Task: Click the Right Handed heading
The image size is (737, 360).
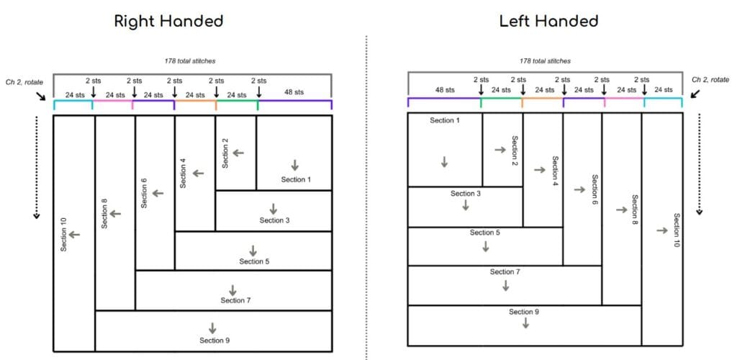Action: pyautogui.click(x=169, y=21)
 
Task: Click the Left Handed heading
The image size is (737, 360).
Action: pyautogui.click(x=548, y=21)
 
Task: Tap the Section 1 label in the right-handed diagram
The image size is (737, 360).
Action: pyautogui.click(x=296, y=179)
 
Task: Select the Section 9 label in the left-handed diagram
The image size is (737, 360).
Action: pyautogui.click(x=525, y=311)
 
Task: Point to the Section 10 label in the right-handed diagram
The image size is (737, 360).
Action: pyautogui.click(x=63, y=234)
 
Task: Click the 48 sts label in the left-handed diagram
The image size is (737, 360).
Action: pyautogui.click(x=445, y=90)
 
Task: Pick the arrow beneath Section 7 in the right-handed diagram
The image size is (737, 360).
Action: pyautogui.click(x=232, y=289)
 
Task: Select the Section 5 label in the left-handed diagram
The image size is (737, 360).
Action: pyautogui.click(x=485, y=233)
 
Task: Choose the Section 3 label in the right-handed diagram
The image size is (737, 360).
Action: pyautogui.click(x=274, y=220)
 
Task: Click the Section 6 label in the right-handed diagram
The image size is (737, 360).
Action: pyautogui.click(x=144, y=192)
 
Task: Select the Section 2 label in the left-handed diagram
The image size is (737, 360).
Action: pyautogui.click(x=515, y=151)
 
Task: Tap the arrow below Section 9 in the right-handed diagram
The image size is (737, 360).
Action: pyautogui.click(x=212, y=328)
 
